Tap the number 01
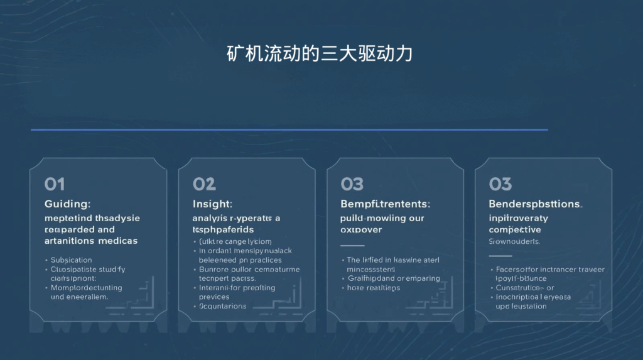55,184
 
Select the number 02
204,184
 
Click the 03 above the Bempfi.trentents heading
352,184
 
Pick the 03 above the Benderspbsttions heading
500,184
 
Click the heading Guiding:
68,204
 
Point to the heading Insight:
212,204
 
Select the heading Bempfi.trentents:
385,204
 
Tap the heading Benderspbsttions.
536,204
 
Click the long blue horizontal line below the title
289,130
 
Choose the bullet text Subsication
71,260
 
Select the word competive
515,230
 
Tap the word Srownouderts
514,241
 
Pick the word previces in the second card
215,297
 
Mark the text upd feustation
521,307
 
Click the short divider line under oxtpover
352,245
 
